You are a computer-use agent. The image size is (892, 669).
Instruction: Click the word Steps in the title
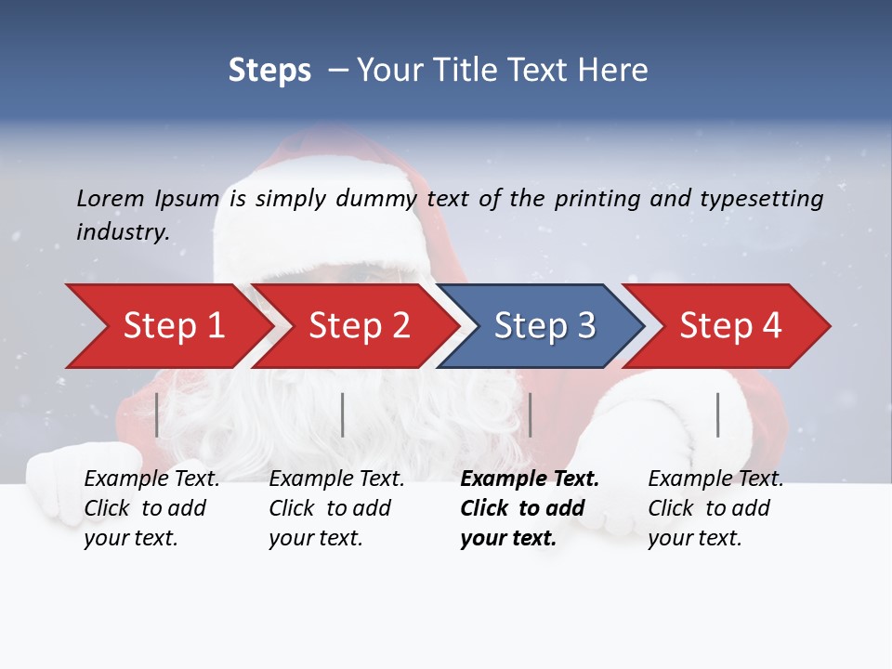[x=269, y=71]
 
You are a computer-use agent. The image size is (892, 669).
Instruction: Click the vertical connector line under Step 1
[x=157, y=414]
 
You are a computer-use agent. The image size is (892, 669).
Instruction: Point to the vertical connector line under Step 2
[x=343, y=414]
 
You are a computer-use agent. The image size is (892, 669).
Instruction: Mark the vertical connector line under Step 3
[x=531, y=414]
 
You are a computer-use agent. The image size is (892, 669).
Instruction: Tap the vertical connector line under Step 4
[x=718, y=414]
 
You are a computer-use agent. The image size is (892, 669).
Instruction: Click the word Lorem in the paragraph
[x=111, y=198]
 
